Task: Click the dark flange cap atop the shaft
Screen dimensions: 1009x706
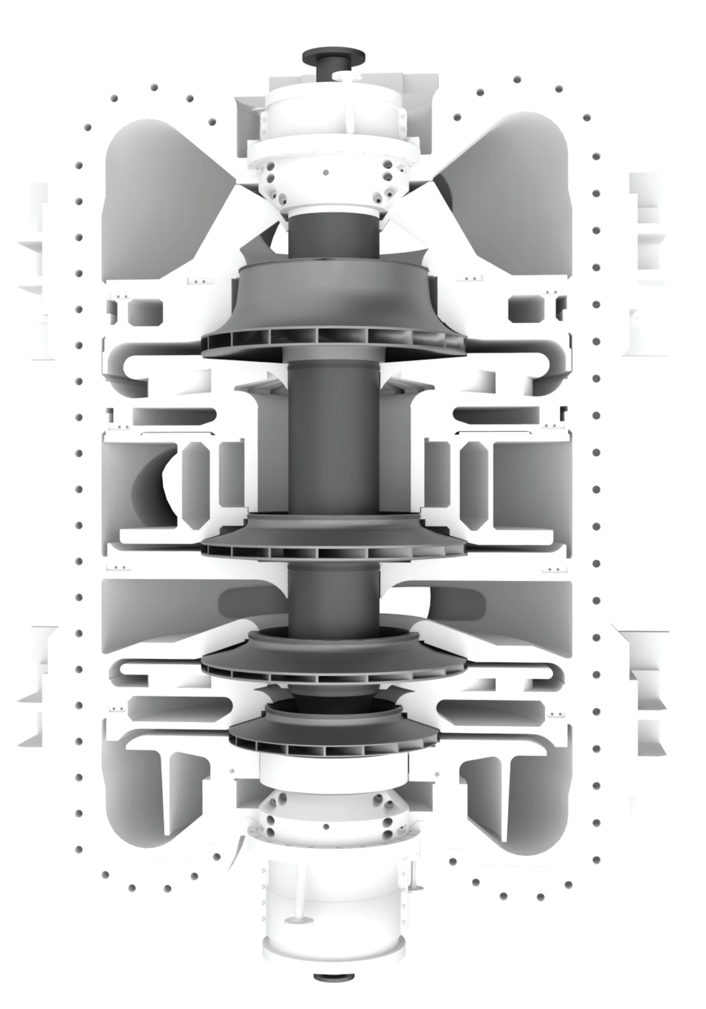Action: coord(333,57)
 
